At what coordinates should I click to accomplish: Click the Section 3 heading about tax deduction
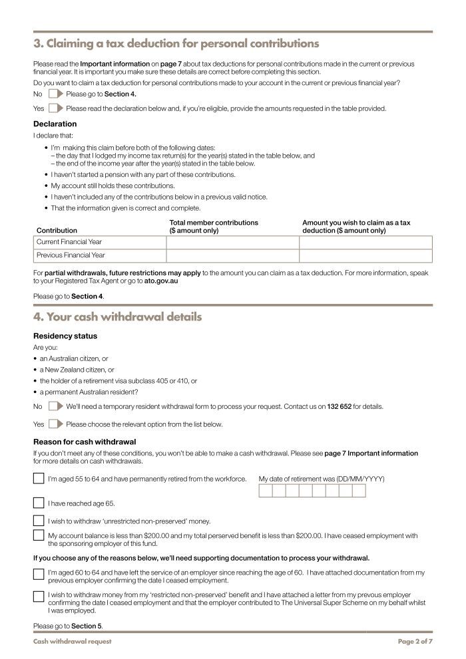(x=176, y=44)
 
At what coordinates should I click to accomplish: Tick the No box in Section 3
(x=55, y=94)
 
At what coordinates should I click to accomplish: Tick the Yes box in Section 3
(x=55, y=108)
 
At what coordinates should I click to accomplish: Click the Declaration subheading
(x=55, y=124)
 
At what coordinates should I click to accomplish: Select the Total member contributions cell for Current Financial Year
(x=232, y=242)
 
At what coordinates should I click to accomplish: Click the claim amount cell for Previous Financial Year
(x=365, y=255)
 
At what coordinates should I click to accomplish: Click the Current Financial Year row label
(x=69, y=242)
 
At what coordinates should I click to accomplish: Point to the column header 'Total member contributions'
(x=214, y=223)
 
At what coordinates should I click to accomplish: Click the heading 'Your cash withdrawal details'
(x=117, y=317)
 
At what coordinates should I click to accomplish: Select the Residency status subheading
(x=65, y=336)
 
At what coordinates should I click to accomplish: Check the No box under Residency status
(x=55, y=406)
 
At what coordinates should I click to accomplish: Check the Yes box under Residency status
(x=55, y=424)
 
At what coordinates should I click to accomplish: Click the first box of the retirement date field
(x=265, y=491)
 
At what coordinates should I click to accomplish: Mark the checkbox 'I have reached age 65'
(x=39, y=503)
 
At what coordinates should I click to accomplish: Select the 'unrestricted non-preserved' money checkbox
(x=39, y=521)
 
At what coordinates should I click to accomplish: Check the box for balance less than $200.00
(x=39, y=536)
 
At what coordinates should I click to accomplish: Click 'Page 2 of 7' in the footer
(x=415, y=642)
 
